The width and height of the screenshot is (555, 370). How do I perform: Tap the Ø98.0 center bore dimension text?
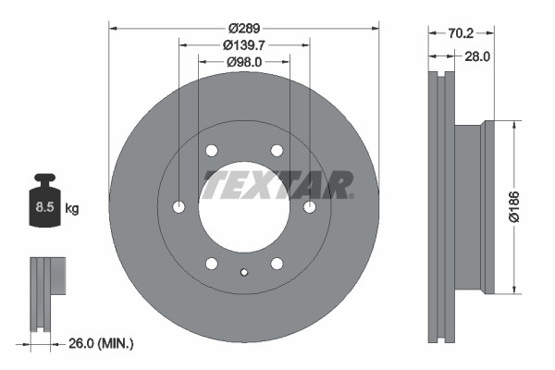[244, 61]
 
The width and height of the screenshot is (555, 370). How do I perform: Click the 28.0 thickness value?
[476, 56]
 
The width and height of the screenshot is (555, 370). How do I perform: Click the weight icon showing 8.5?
[43, 206]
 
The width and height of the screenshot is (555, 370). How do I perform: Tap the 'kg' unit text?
[72, 209]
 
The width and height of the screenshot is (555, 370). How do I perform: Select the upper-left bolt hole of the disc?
[212, 151]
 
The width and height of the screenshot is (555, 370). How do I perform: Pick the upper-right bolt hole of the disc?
[277, 151]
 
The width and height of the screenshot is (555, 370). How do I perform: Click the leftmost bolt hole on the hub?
[179, 206]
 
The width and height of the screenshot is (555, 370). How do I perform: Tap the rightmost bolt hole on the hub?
[310, 206]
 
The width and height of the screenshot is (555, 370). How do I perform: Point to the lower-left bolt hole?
[212, 264]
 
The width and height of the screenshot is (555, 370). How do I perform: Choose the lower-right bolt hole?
[277, 264]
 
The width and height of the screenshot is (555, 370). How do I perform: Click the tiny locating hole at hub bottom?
[244, 272]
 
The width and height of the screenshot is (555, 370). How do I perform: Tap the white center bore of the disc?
[244, 222]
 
